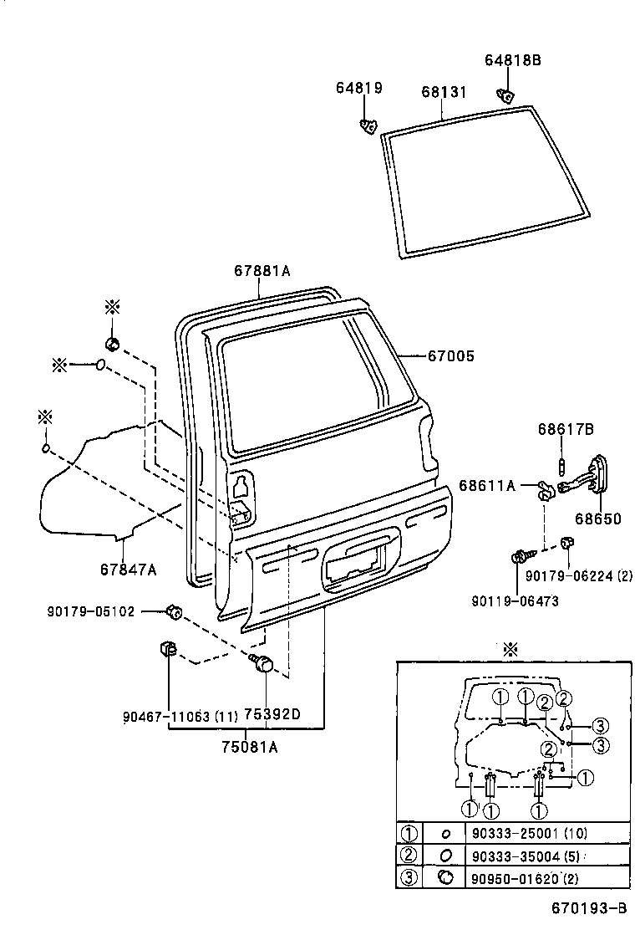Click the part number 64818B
513,60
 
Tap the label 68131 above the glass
444,91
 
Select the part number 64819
359,87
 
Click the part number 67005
451,356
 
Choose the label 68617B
566,430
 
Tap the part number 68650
597,519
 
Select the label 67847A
128,570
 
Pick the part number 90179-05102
91,611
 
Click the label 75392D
272,715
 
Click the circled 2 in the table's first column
409,855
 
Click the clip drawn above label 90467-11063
165,649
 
